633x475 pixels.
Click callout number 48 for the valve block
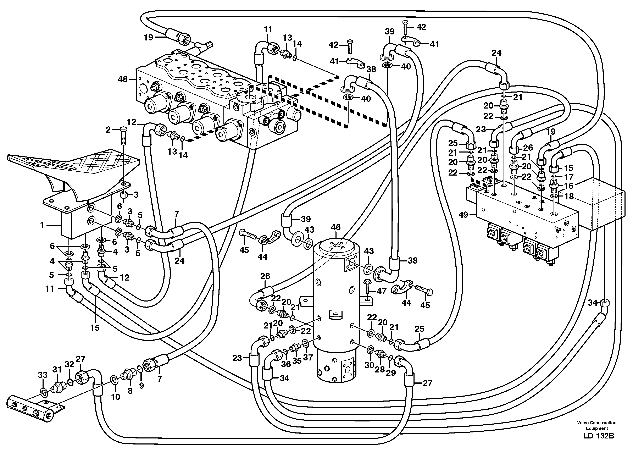[x=123, y=79]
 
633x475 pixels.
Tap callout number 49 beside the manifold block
[x=463, y=214]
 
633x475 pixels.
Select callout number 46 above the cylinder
[x=336, y=227]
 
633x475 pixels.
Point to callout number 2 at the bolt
[x=108, y=130]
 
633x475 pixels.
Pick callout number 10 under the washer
[x=116, y=397]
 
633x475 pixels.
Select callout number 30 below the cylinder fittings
[x=370, y=365]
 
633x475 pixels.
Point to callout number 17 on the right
[x=569, y=177]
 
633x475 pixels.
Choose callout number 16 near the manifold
[x=569, y=186]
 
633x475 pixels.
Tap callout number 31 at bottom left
[x=57, y=370]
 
